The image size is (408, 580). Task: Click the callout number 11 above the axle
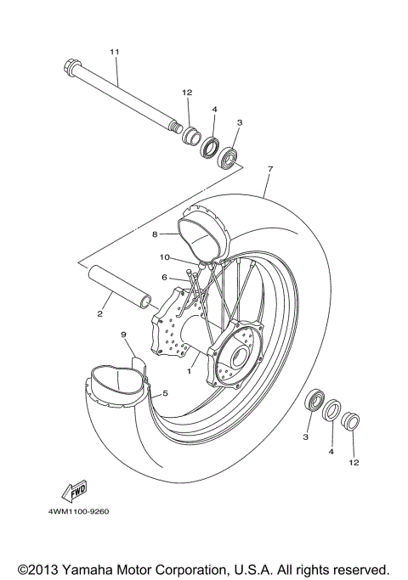tap(114, 53)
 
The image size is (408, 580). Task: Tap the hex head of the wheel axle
tap(70, 65)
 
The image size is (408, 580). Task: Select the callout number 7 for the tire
tap(269, 170)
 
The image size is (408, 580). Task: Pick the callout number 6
tap(164, 277)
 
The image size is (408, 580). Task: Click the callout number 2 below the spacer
tap(99, 314)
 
